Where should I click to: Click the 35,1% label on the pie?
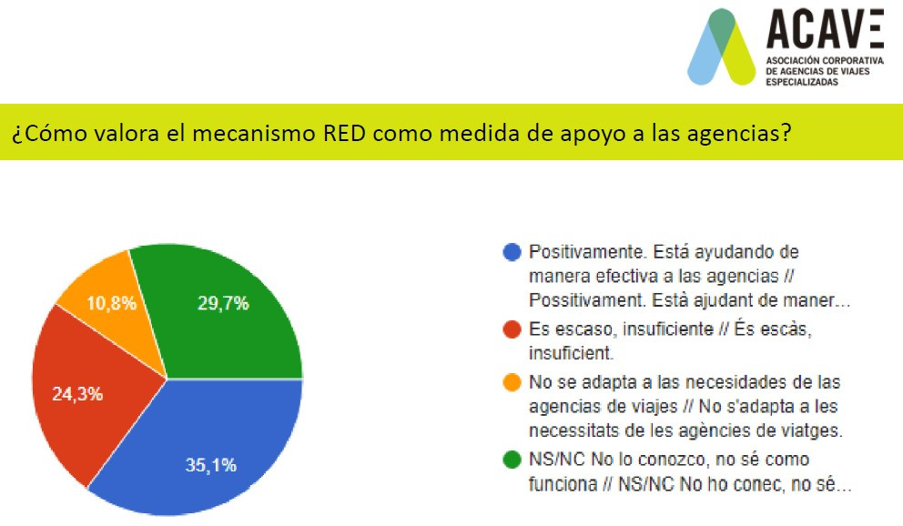click(211, 465)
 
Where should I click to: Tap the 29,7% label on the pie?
click(223, 303)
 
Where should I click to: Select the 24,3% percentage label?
click(77, 394)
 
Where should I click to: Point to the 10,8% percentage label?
click(112, 303)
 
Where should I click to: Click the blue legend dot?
click(512, 252)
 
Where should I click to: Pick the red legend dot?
click(512, 329)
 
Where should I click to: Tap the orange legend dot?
click(512, 382)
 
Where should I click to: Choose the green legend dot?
click(512, 460)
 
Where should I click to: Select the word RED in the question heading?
click(344, 133)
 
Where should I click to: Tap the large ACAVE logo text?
click(825, 29)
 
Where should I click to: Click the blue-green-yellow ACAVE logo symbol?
click(721, 47)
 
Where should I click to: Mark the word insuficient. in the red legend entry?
click(571, 353)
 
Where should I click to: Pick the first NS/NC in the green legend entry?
click(556, 460)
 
